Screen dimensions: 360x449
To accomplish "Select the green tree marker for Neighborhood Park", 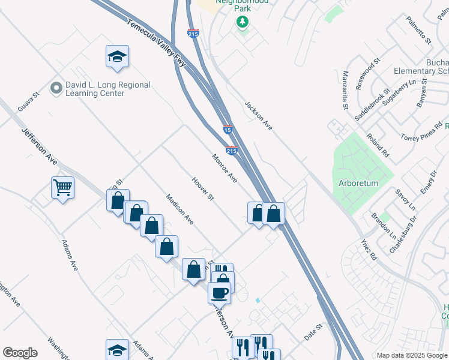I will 243,23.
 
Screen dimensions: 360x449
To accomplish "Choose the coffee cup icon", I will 219,293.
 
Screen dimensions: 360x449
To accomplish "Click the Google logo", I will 20,353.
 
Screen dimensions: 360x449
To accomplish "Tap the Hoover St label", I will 203,188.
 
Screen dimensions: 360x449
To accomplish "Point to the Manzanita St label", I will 345,91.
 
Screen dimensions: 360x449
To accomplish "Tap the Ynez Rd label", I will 369,250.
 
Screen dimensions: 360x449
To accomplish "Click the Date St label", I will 313,332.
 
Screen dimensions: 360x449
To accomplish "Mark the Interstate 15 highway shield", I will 228,130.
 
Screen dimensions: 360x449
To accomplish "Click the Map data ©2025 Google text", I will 411,355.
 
